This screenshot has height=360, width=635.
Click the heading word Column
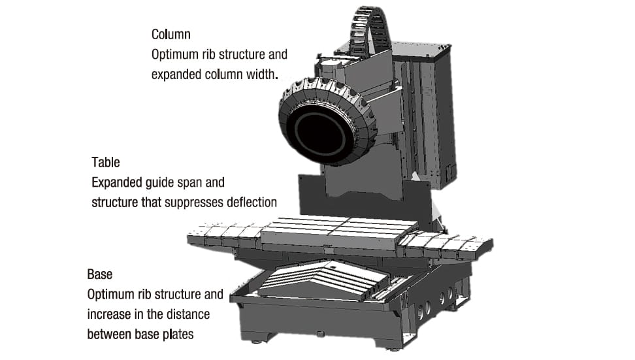coord(171,35)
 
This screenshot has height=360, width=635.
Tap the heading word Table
coord(106,163)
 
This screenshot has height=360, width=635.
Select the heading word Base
coord(99,274)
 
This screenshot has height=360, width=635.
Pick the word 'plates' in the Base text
coord(178,335)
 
